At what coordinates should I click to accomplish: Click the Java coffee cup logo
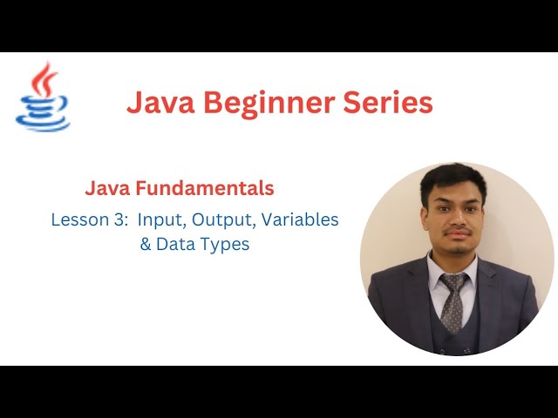click(43, 98)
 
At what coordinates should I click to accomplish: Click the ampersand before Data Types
click(146, 245)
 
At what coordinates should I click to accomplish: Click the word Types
click(222, 245)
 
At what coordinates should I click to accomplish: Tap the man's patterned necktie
click(453, 300)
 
